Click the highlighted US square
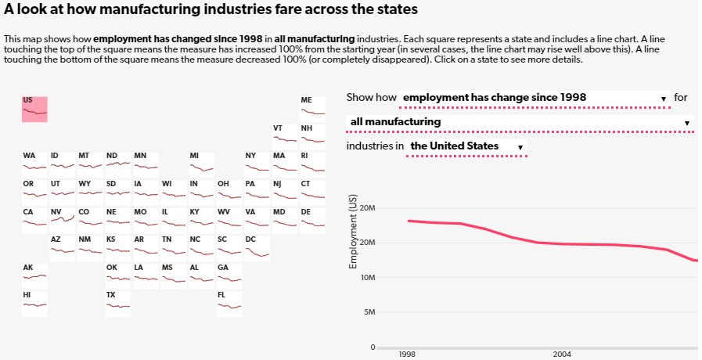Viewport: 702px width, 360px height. coord(34,109)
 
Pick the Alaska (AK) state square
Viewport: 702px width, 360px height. coord(34,275)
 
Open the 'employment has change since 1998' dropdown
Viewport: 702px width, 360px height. coord(535,98)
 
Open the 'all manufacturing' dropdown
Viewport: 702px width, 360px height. coord(520,122)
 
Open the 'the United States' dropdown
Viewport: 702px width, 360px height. coord(467,146)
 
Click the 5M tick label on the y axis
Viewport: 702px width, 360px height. coord(369,312)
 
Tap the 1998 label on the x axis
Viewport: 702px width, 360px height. coord(407,355)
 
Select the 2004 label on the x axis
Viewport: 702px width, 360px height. coord(562,355)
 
